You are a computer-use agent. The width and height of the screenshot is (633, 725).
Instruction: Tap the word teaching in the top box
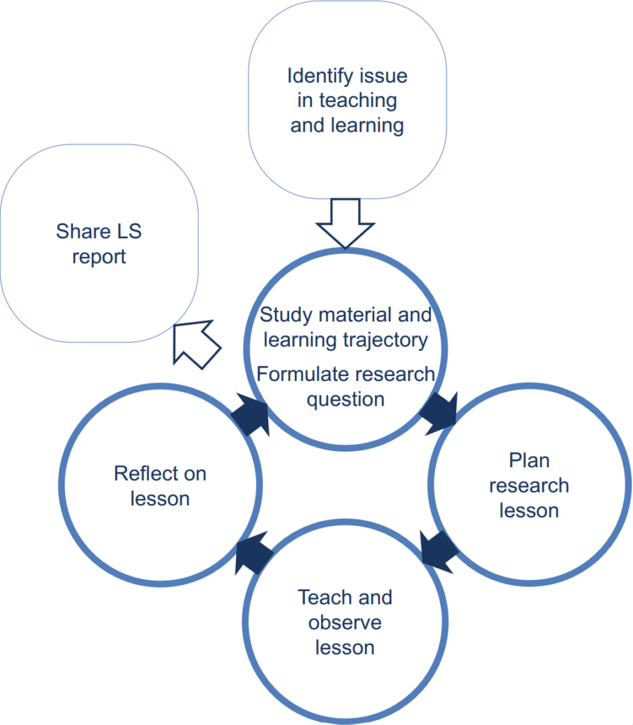point(357,101)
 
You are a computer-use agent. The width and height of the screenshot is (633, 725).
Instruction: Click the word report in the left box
point(99,256)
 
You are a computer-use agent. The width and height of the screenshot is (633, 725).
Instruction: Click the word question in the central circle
point(345,399)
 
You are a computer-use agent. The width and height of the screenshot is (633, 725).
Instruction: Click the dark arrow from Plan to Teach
point(439,547)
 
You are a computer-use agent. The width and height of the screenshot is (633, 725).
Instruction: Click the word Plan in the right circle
point(529,460)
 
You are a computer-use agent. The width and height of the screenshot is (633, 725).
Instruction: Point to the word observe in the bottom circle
point(345,623)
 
